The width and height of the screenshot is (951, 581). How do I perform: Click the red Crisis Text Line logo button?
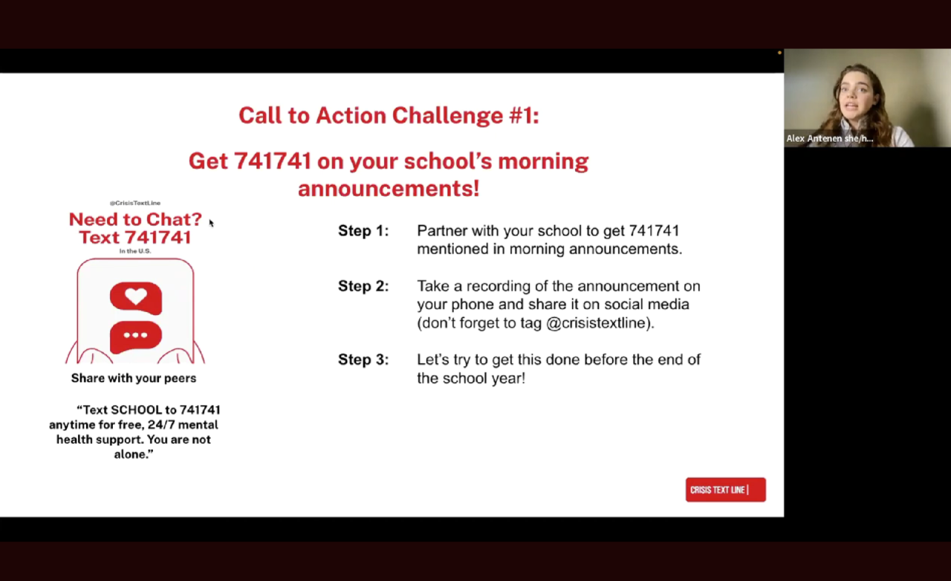[x=726, y=490]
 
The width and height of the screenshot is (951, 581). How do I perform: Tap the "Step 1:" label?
[x=363, y=230]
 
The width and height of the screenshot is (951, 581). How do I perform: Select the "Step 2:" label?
[x=363, y=286]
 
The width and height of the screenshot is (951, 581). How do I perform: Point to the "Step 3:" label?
[x=363, y=360]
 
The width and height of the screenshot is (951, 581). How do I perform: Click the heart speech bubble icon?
[x=136, y=298]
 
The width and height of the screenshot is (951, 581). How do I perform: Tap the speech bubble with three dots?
[x=136, y=337]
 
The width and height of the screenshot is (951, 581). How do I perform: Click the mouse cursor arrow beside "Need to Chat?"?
[x=212, y=223]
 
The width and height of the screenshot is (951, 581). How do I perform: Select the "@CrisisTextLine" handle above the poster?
[x=135, y=203]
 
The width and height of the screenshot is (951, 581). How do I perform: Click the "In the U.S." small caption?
[x=135, y=251]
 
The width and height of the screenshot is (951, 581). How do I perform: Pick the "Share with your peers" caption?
[x=134, y=378]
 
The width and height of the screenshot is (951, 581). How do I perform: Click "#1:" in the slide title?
[x=524, y=115]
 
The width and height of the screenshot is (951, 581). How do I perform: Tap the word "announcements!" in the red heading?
[x=389, y=188]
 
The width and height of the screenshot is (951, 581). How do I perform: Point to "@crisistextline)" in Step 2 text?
[x=600, y=322]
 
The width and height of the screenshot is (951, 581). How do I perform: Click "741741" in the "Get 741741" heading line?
[x=273, y=161]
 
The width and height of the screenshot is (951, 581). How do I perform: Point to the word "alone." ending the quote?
[x=133, y=454]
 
